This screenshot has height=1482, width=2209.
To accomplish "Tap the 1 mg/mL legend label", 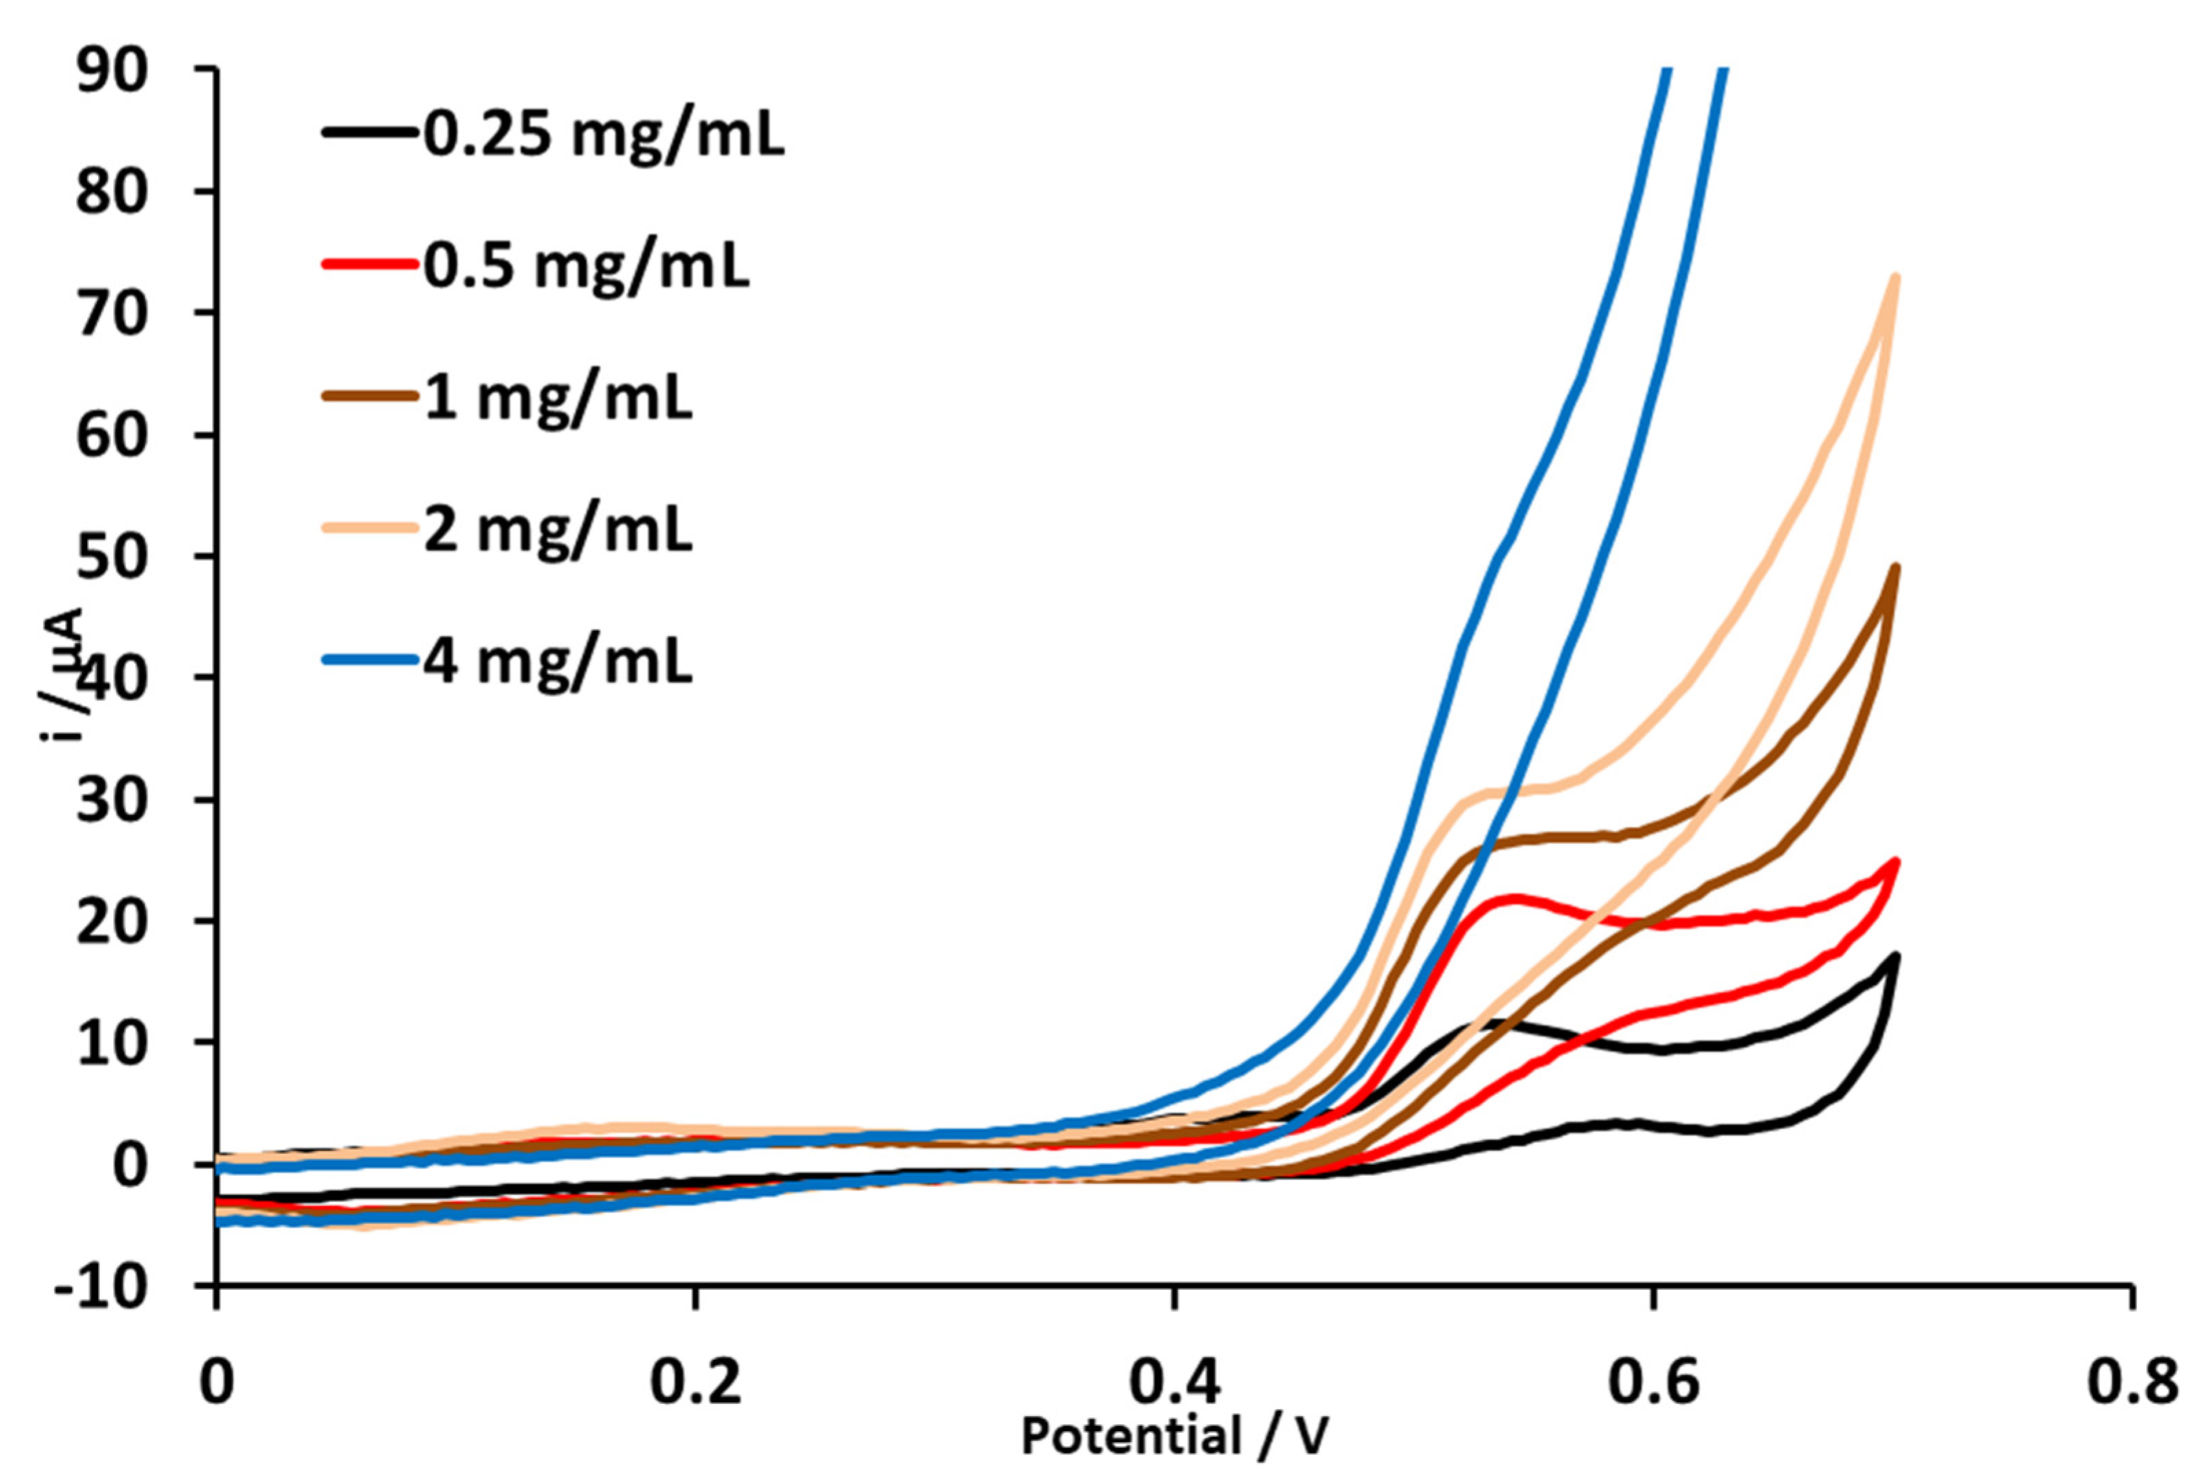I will pos(558,399).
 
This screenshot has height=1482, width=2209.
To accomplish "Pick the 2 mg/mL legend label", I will pos(558,530).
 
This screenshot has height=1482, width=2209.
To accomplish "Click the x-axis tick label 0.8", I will pos(2131,1382).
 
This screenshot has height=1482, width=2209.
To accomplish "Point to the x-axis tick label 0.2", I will pos(695,1382).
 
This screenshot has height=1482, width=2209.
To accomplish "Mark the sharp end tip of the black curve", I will pos(1895,956).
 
